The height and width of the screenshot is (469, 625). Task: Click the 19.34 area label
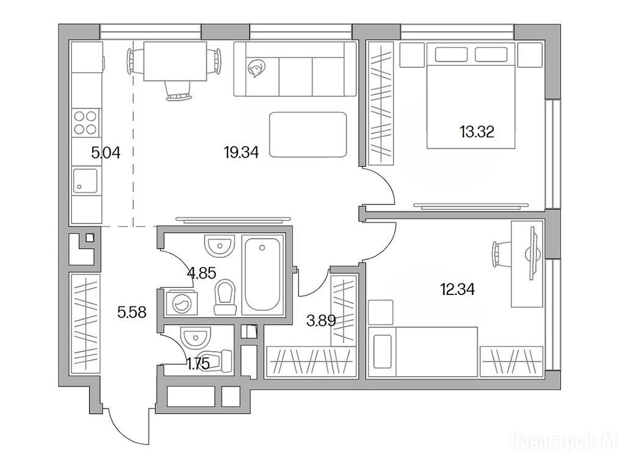click(x=241, y=152)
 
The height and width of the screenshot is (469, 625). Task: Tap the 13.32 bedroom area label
click(x=477, y=131)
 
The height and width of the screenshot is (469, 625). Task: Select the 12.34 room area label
click(x=457, y=289)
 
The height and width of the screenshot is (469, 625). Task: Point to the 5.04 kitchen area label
click(x=106, y=152)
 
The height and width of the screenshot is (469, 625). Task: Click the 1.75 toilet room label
click(x=198, y=364)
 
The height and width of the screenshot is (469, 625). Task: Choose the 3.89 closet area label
click(x=321, y=320)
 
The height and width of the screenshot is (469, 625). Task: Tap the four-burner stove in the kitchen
click(x=85, y=122)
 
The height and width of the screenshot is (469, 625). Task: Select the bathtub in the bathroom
click(x=262, y=274)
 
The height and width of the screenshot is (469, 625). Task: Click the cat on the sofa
click(x=255, y=68)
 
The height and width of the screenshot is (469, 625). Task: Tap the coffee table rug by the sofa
click(x=308, y=134)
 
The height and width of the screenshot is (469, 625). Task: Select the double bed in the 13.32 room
click(x=471, y=96)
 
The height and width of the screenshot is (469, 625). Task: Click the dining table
click(x=175, y=61)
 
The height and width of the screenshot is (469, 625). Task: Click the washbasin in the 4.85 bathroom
click(x=219, y=245)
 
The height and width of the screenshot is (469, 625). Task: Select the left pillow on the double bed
click(x=451, y=54)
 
